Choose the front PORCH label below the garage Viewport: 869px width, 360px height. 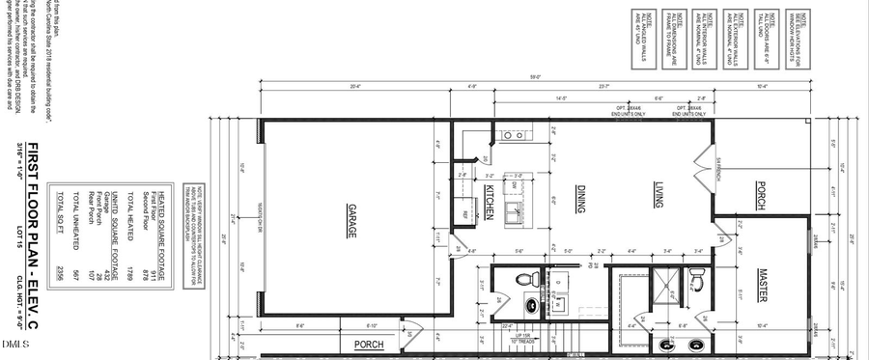370,344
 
